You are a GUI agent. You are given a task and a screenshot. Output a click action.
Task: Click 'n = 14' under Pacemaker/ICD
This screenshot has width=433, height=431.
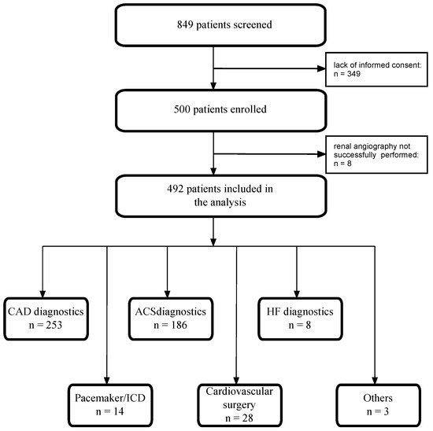106,409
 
